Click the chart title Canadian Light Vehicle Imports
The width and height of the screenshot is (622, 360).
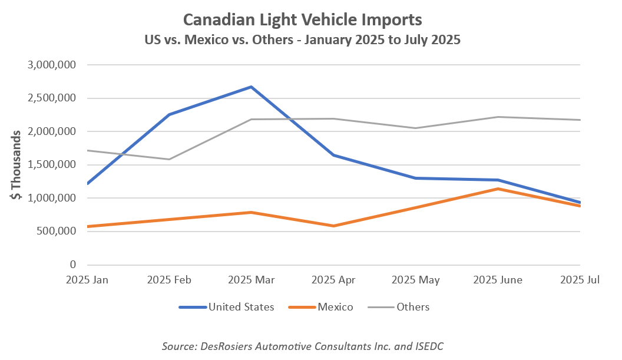pyautogui.click(x=303, y=19)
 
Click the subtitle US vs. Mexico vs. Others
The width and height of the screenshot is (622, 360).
pyautogui.click(x=303, y=41)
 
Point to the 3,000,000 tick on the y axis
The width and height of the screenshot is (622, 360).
pyautogui.click(x=51, y=65)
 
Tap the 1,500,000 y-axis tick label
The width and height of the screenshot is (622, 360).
pyautogui.click(x=51, y=165)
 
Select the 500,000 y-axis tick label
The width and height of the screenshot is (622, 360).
pyautogui.click(x=57, y=232)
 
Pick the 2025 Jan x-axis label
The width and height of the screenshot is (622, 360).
pyautogui.click(x=87, y=280)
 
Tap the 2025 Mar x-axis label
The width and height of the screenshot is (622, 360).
pyautogui.click(x=252, y=280)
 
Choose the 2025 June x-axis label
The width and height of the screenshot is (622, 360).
pyautogui.click(x=498, y=280)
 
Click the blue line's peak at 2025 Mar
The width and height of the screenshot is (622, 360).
pyautogui.click(x=252, y=87)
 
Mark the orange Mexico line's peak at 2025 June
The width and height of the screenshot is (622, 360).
pyautogui.click(x=498, y=189)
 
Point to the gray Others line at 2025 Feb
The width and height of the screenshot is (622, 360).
pyautogui.click(x=169, y=159)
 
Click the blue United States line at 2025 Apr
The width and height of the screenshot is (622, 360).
pyautogui.click(x=334, y=155)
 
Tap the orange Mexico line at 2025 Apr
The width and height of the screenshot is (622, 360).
pyautogui.click(x=334, y=226)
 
